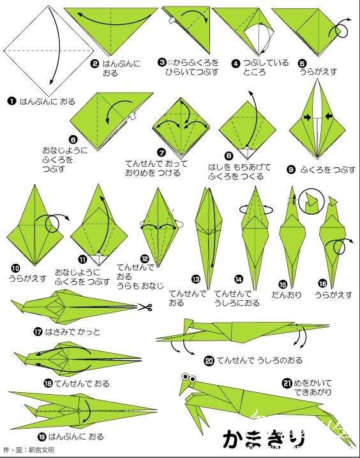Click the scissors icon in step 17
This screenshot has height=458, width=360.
[x=145, y=307]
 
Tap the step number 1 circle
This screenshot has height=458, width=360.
[x=11, y=102]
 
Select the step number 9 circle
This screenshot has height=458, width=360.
[x=291, y=169]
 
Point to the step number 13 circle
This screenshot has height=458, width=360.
[x=196, y=279]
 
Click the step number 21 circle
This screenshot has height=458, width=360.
[x=287, y=383]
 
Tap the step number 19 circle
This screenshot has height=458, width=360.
[x=42, y=437]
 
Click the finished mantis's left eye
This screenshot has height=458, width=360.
[x=185, y=377]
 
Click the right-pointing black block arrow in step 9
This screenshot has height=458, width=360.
[x=307, y=117]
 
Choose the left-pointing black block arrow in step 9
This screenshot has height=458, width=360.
[x=329, y=116]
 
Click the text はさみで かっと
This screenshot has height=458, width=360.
[x=73, y=332]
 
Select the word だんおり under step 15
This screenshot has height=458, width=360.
[x=286, y=294]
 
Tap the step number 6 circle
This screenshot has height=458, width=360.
[x=73, y=139]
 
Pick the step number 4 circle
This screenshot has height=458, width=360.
[x=236, y=63]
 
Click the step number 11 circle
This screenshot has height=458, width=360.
[x=83, y=259]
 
